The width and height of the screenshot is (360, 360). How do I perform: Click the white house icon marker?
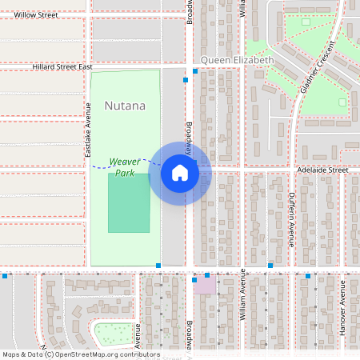180,173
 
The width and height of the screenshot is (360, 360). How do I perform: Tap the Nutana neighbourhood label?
125,106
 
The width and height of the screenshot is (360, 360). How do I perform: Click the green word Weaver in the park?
124,161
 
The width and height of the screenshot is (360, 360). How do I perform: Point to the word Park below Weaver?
124,172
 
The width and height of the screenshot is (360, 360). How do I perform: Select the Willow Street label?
36,14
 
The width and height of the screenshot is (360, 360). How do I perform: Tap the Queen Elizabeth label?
237,60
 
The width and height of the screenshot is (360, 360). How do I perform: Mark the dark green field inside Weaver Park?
129,202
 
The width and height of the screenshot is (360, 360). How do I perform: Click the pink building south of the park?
205,286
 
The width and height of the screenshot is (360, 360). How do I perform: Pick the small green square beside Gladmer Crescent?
342,102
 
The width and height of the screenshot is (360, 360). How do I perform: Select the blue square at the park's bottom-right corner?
159,265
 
